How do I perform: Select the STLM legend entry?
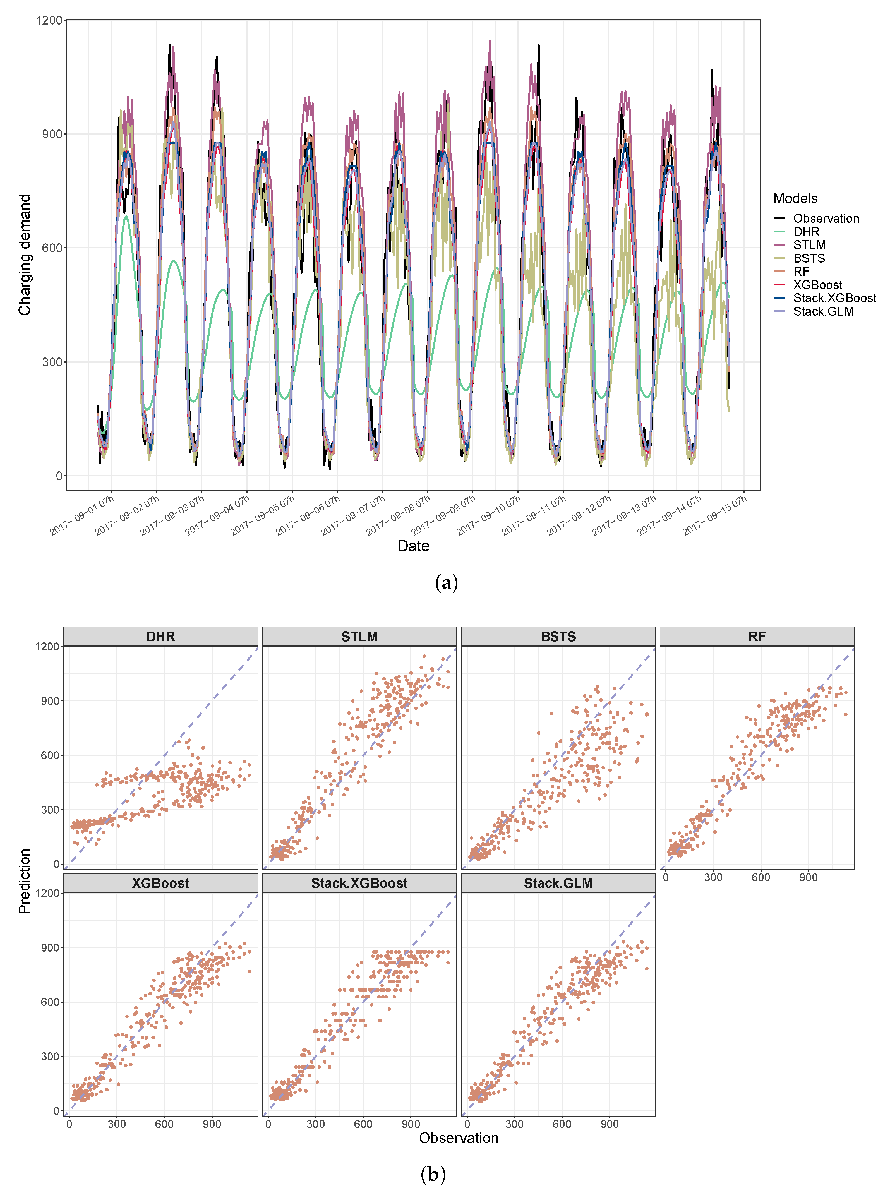[x=809, y=245]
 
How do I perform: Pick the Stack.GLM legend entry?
[x=823, y=311]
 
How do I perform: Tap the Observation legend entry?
[x=825, y=219]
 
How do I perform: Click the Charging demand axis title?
[x=25, y=255]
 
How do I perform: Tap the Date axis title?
[x=413, y=546]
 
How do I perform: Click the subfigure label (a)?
[x=446, y=583]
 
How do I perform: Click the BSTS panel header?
[x=558, y=637]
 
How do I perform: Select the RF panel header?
[x=757, y=637]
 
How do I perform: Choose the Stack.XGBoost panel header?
[x=359, y=883]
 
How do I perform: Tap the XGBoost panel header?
[x=160, y=883]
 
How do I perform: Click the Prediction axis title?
[x=25, y=881]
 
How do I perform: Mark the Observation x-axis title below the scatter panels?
[x=459, y=1138]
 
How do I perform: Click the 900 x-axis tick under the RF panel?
[x=808, y=877]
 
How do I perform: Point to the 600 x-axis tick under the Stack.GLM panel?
[x=562, y=1124]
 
